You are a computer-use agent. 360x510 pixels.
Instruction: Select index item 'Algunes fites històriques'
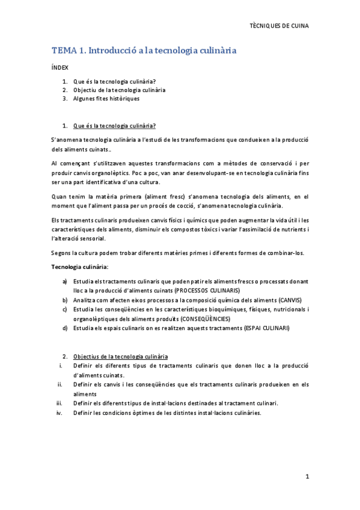(x=106, y=98)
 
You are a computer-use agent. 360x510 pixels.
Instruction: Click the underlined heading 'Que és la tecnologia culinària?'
(x=114, y=126)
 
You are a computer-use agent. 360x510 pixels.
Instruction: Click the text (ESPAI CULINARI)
(x=263, y=328)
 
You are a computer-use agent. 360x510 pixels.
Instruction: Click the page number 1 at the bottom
(x=307, y=477)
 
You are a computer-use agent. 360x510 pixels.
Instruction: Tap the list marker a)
(x=65, y=281)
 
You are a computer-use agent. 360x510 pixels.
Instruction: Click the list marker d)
(x=65, y=328)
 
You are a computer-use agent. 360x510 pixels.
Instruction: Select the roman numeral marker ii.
(x=59, y=384)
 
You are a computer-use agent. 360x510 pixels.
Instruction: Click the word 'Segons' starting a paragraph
(x=61, y=253)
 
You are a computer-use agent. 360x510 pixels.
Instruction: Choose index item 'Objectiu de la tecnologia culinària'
(x=119, y=90)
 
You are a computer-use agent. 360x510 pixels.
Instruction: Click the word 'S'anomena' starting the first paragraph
(x=66, y=140)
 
